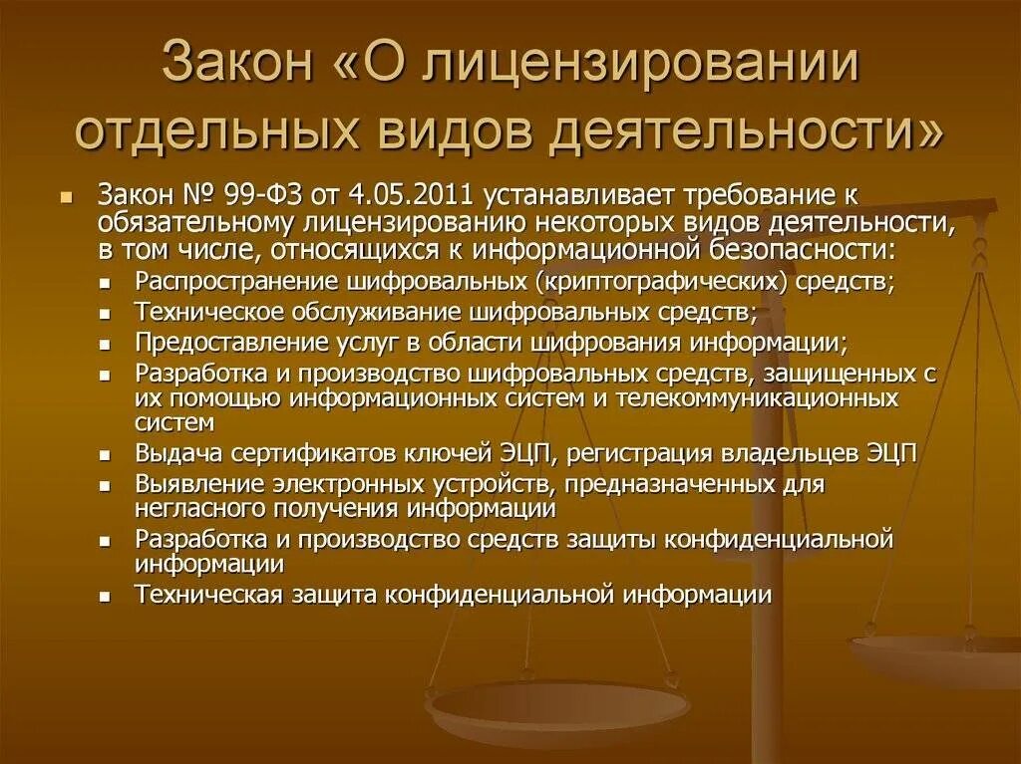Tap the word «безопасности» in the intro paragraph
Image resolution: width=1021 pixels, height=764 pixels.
click(799, 247)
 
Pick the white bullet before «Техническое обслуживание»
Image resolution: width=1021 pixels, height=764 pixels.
click(106, 313)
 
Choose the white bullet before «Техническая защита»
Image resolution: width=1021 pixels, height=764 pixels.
click(106, 597)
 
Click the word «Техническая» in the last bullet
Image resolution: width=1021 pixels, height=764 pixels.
click(209, 595)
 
